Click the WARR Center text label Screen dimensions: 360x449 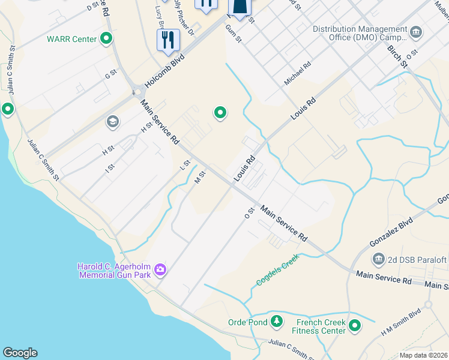click(x=71, y=40)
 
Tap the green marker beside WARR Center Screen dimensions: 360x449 click(x=107, y=40)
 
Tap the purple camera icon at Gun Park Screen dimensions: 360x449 click(x=160, y=269)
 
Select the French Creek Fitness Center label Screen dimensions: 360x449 click(x=319, y=326)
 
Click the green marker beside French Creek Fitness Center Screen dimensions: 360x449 click(x=355, y=326)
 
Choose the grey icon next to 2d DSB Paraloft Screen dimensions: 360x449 click(x=379, y=259)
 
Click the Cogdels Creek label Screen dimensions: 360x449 click(x=277, y=270)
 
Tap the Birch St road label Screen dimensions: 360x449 click(x=397, y=56)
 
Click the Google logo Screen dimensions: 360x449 click(x=20, y=353)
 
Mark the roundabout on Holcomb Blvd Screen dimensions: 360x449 click(x=137, y=93)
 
